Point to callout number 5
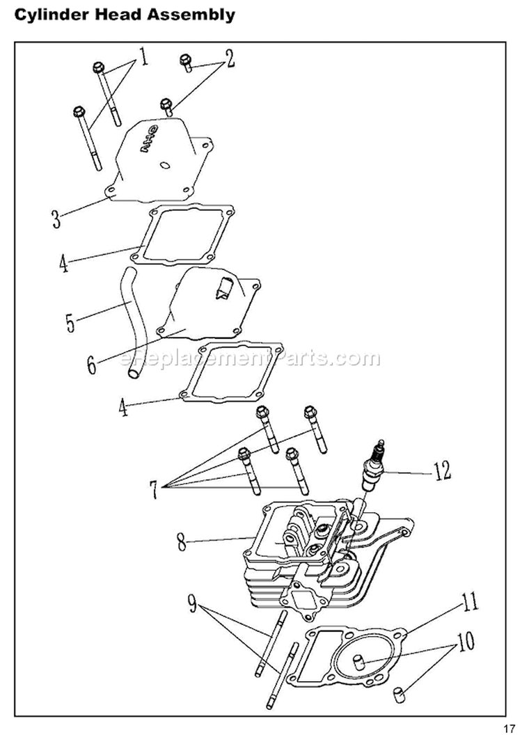[70, 323]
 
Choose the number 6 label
[92, 365]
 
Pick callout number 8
[182, 541]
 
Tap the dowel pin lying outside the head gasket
[400, 693]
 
